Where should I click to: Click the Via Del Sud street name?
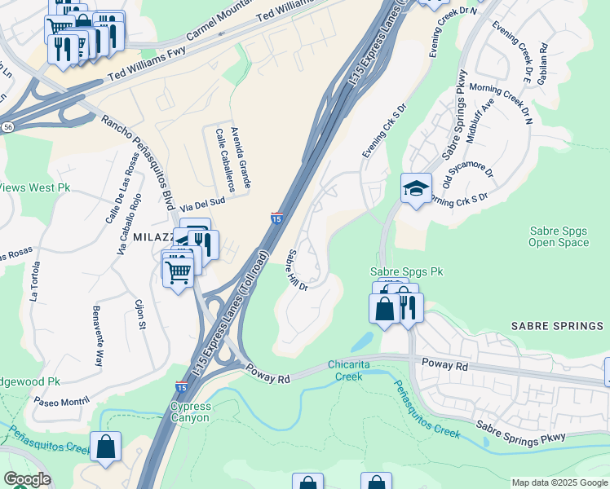click(x=202, y=206)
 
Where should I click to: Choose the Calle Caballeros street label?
click(x=224, y=161)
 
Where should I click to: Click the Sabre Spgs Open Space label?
click(x=559, y=236)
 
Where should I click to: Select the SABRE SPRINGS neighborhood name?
click(x=557, y=326)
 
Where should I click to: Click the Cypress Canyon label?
click(x=190, y=412)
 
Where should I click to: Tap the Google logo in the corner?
click(x=27, y=479)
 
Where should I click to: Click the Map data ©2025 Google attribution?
click(x=559, y=482)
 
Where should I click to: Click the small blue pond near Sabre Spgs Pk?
click(x=365, y=341)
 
